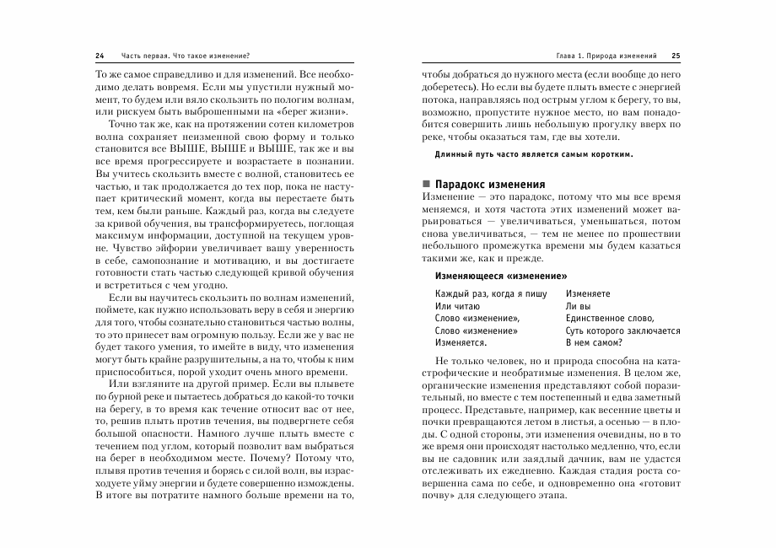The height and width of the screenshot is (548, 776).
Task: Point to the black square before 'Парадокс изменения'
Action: tap(426, 184)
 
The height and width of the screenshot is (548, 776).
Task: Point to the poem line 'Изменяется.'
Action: tap(461, 342)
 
